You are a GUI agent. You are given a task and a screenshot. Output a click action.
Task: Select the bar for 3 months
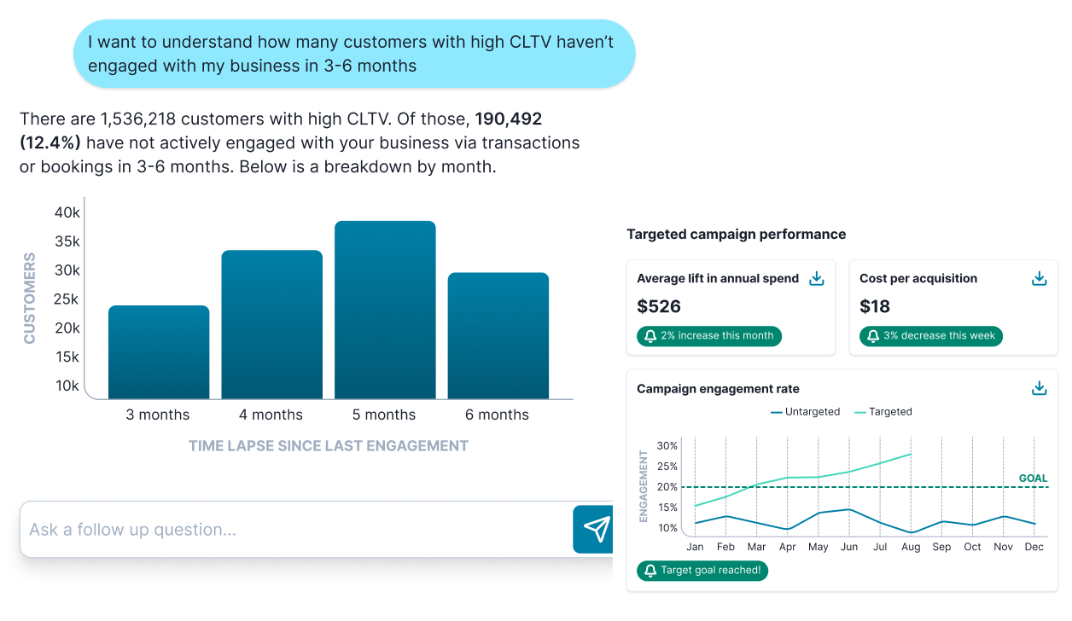click(159, 351)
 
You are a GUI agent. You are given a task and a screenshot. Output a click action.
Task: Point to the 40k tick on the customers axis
click(67, 212)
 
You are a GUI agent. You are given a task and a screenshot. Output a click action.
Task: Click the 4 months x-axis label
click(271, 415)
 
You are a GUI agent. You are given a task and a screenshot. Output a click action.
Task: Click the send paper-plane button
click(597, 529)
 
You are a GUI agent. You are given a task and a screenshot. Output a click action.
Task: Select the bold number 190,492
click(508, 119)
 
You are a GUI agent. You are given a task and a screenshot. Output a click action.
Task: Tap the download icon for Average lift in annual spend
click(817, 278)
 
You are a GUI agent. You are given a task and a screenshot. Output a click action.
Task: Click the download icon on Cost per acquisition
click(1039, 278)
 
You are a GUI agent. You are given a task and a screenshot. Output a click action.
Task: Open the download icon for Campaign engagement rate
click(1039, 388)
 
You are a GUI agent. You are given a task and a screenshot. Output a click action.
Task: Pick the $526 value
click(659, 306)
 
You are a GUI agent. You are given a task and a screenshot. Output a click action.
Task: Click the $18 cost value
click(875, 306)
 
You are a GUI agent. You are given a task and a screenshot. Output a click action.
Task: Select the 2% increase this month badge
click(709, 336)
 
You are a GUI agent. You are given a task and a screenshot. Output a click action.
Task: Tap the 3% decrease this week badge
click(931, 336)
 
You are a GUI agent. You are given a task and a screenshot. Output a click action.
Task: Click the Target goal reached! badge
click(702, 571)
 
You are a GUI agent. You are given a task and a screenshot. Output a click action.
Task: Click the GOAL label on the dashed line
click(1033, 479)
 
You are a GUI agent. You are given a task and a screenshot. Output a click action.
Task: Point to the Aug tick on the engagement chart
click(911, 547)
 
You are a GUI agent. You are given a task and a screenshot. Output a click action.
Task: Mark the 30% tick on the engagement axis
click(667, 446)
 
